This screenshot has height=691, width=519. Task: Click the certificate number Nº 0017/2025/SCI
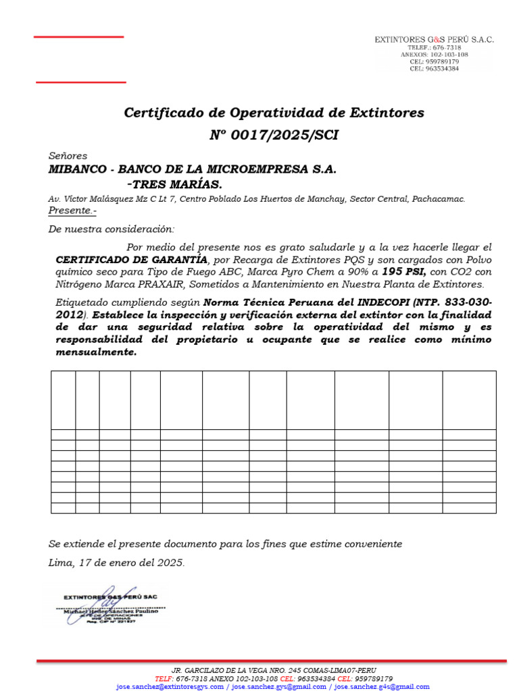[274, 136]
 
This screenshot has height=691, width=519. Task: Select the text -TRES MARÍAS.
[174, 184]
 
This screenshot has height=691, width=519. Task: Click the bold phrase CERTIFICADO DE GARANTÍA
[131, 260]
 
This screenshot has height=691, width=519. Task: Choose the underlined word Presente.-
[73, 211]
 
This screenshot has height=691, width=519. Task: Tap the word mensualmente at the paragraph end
[95, 352]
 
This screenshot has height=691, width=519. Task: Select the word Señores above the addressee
[68, 156]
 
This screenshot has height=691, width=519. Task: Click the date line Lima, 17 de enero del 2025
[116, 562]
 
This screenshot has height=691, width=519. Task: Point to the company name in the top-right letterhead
[435, 40]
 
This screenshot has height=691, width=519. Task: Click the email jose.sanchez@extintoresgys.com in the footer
[170, 686]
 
